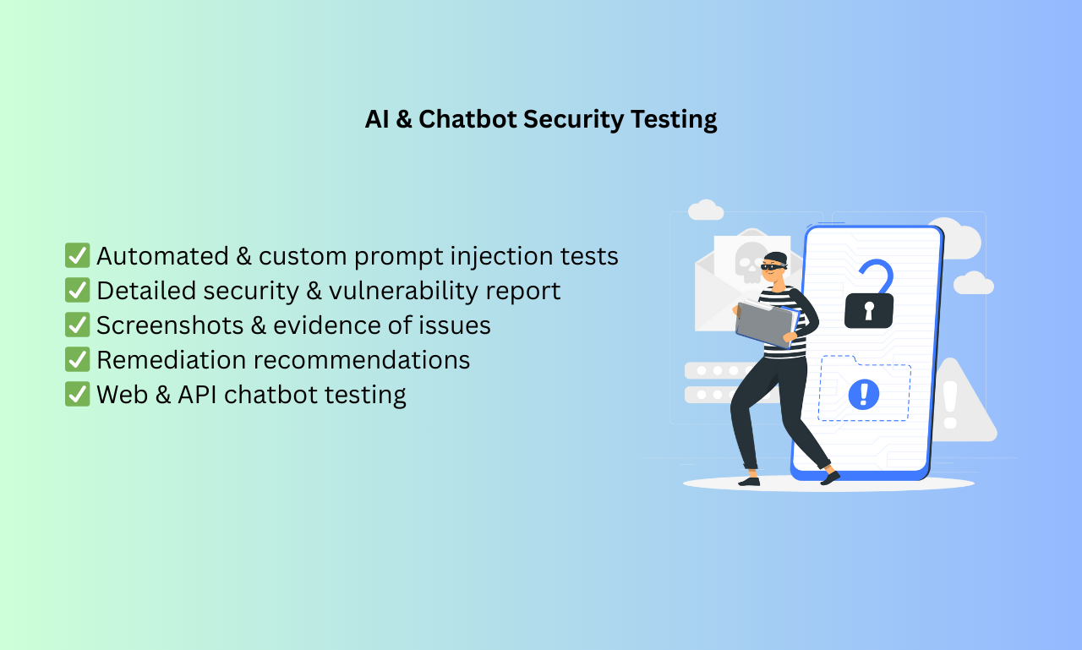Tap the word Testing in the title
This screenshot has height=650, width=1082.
point(674,119)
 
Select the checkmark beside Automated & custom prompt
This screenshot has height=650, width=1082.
point(77,255)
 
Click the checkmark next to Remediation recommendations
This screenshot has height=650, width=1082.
point(77,359)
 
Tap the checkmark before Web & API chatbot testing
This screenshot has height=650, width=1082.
point(77,394)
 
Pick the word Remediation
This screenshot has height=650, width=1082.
point(171,360)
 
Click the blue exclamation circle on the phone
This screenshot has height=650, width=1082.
point(863,393)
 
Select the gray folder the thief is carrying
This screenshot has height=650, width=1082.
point(764,325)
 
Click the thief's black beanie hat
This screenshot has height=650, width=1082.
point(775,256)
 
